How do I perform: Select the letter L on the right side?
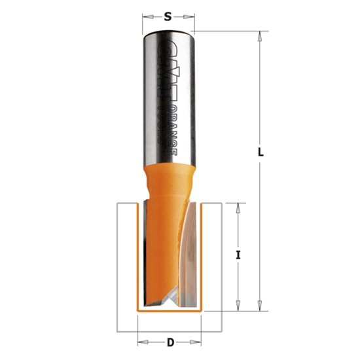tap(261, 152)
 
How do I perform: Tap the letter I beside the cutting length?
tap(239, 256)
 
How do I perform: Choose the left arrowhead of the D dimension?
tap(141, 342)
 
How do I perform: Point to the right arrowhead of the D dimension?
tap(197, 342)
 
